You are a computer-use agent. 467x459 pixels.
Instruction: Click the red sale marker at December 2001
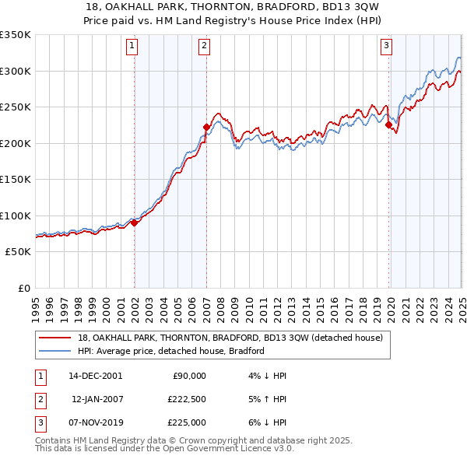pos(134,222)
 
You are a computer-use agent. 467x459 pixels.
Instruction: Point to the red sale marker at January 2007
pos(206,127)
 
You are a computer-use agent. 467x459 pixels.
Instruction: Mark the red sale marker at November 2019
pos(388,124)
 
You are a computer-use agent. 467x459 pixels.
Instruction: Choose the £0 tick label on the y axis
pos(23,288)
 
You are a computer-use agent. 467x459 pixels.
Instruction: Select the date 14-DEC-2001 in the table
pos(95,376)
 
